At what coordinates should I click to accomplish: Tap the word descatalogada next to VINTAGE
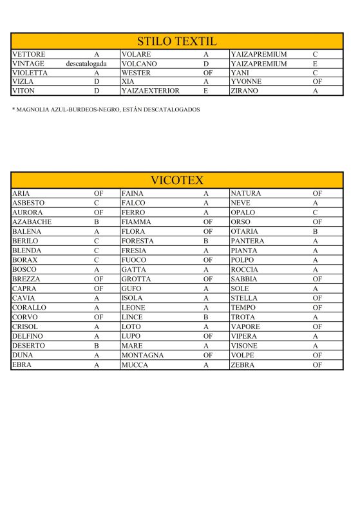(x=86, y=64)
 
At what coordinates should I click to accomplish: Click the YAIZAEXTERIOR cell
(x=150, y=91)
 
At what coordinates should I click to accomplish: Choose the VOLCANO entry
(x=139, y=64)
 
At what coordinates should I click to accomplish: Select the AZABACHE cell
(x=32, y=222)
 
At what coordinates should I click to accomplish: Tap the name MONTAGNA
(x=142, y=355)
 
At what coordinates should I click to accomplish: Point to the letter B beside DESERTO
(x=96, y=346)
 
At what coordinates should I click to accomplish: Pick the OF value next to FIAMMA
(x=207, y=222)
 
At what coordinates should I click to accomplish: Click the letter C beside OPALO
(x=316, y=212)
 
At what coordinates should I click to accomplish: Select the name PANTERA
(x=247, y=241)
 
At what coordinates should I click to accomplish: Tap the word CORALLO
(x=29, y=308)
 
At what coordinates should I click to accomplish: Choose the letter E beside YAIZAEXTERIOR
(x=205, y=91)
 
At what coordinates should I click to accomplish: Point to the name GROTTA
(x=136, y=279)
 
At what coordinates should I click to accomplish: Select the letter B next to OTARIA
(x=316, y=231)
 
